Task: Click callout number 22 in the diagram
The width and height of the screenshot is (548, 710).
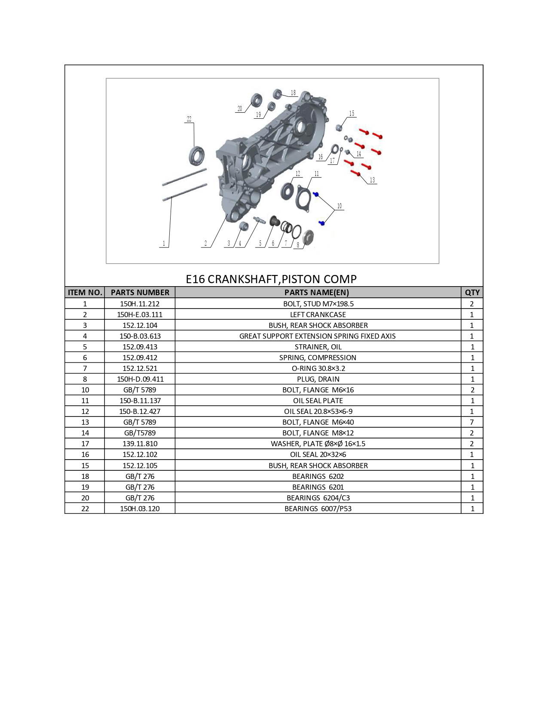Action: [x=189, y=119]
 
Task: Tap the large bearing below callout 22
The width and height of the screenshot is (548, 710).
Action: [x=197, y=156]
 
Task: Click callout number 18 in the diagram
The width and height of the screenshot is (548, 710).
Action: [x=293, y=93]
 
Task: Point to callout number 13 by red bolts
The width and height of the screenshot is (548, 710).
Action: [x=372, y=180]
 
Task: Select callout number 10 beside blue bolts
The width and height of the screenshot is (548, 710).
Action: [x=340, y=206]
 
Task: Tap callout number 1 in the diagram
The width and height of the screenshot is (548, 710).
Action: [x=164, y=244]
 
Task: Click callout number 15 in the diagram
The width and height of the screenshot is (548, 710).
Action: [x=352, y=114]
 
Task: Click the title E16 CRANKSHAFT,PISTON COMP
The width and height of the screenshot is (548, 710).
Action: [x=271, y=279]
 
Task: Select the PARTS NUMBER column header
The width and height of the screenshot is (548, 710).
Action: [x=140, y=293]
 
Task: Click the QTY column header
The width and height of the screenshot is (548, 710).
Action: [x=472, y=293]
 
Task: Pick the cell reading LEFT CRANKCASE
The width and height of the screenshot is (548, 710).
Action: [x=318, y=315]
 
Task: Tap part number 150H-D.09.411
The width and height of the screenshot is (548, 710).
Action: [x=141, y=380]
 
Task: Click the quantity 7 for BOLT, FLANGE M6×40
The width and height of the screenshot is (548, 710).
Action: [x=472, y=422]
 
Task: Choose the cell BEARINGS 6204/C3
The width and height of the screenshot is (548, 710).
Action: [x=318, y=498]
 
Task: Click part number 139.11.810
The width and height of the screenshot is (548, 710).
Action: [x=140, y=444]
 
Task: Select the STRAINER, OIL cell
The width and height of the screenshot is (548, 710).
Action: [x=318, y=347]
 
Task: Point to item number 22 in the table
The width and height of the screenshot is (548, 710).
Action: [x=85, y=509]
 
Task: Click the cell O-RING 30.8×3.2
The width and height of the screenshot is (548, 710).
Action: [x=318, y=369]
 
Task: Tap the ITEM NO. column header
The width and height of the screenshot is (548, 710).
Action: [x=85, y=293]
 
